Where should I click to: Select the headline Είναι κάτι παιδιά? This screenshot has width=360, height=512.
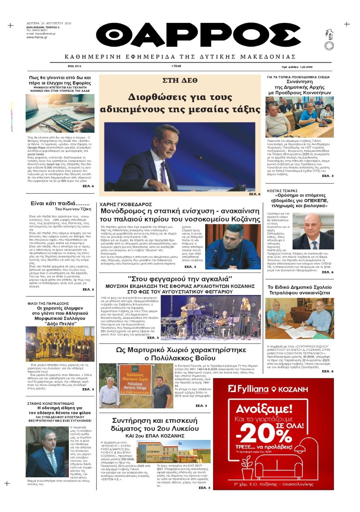pos(60,203)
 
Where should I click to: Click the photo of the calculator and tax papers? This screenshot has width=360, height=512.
pos(60,113)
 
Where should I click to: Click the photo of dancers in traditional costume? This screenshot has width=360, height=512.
pos(60,344)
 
